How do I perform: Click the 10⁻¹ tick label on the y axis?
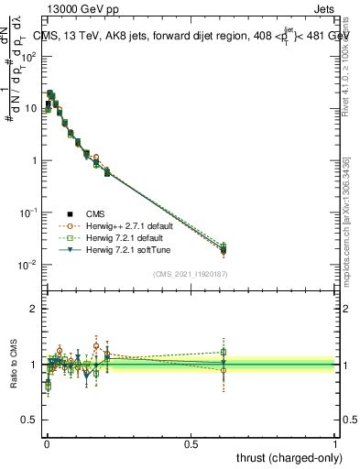click(28, 213)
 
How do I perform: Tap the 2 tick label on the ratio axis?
click(35, 310)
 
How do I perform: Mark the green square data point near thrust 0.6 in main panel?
click(224, 245)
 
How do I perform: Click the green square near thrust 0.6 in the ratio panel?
click(224, 352)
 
